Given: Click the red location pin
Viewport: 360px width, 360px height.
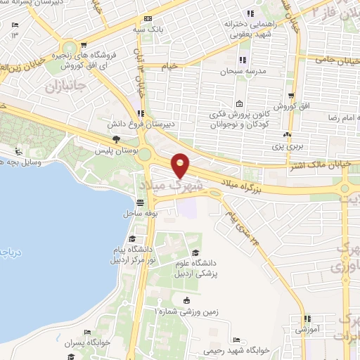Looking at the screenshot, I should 181,165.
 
